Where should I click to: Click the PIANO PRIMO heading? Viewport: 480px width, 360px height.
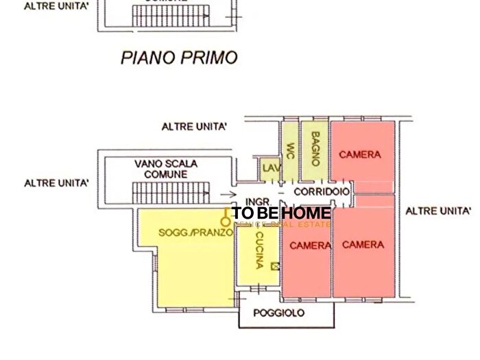coord(179,57)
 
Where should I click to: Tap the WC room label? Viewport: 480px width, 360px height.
coord(291,149)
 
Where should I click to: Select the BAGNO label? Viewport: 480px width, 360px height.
coord(315,149)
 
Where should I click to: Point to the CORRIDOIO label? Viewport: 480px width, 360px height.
coord(321,192)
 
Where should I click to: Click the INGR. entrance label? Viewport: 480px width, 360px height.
coord(256,202)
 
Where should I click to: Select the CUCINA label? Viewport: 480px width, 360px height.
coord(259,250)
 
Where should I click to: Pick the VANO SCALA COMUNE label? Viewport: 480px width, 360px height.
coord(166,169)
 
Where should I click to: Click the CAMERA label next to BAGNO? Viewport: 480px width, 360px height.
coord(360,155)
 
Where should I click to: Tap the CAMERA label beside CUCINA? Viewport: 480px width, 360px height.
coord(310,245)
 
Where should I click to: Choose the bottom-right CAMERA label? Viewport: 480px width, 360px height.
coord(363,244)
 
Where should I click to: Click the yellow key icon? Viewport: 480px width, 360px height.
coord(225,217)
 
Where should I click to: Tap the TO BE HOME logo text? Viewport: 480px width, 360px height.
coord(281,213)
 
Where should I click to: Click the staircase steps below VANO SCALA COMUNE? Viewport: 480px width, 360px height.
coord(169,192)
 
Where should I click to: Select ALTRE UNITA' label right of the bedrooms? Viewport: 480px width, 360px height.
coord(438,211)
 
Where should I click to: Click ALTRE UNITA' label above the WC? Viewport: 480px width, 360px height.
coord(194,127)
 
